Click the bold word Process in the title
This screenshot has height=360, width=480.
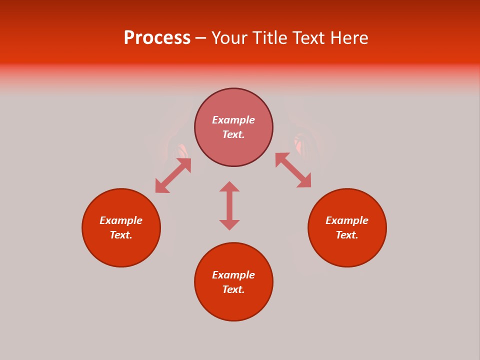157,38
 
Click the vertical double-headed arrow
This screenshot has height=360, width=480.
229,205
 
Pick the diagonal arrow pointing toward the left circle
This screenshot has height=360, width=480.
173,175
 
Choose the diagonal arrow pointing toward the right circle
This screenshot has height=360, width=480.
293,170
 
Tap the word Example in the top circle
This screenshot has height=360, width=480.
233,120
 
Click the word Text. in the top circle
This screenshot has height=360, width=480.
233,134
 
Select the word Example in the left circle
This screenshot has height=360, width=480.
121,220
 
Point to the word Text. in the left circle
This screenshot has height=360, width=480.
121,235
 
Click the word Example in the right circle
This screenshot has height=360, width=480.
347,220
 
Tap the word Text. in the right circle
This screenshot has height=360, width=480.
347,235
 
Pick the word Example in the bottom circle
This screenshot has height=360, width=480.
233,275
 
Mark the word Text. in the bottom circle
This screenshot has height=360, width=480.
233,289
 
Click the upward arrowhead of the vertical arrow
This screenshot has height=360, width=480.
229,186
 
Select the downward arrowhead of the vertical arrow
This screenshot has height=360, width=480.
229,225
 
